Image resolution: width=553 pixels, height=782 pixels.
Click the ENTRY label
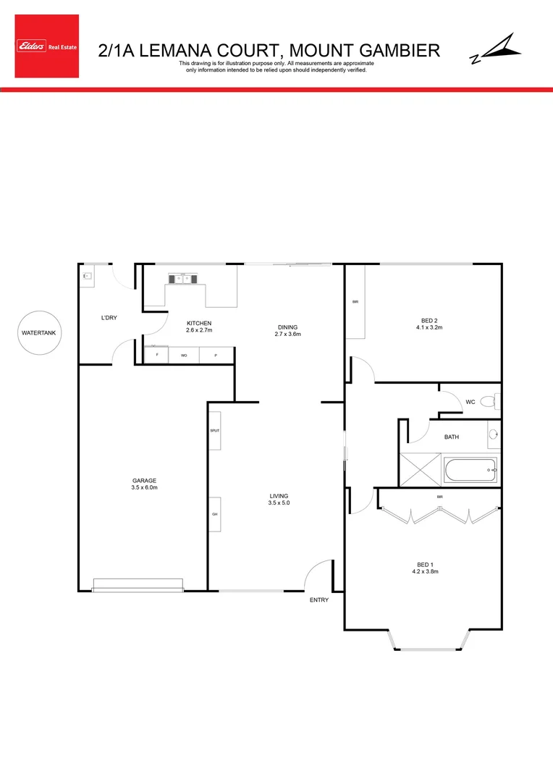pos(319,600)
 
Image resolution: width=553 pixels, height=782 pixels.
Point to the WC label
pos(470,401)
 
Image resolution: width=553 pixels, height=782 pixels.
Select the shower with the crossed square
pos(421,470)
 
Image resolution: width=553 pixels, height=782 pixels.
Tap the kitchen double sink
pos(180,278)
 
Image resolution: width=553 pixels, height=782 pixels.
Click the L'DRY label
pos(109,318)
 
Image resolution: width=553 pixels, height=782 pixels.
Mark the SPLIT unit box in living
pos(214,430)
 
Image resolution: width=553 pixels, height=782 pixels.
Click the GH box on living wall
pos(214,514)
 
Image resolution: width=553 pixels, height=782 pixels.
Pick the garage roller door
pos(138,584)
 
